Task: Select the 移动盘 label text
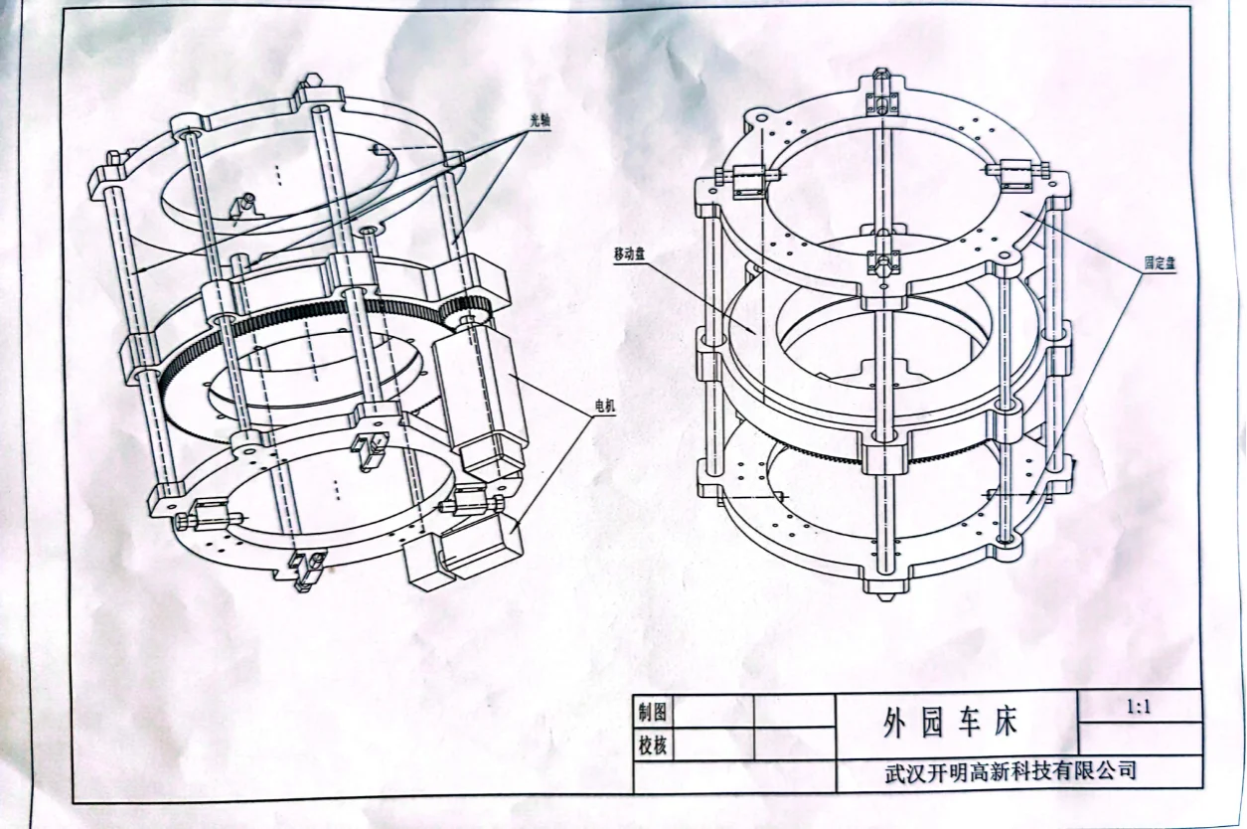point(629,256)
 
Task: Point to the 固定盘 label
point(1160,263)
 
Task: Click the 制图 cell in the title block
point(653,712)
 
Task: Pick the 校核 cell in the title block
point(653,745)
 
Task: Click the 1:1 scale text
point(1140,708)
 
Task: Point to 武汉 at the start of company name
point(903,772)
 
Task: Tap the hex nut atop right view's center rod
point(880,75)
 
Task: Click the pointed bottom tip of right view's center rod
point(881,599)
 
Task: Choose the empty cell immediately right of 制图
point(713,712)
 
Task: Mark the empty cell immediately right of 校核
point(713,745)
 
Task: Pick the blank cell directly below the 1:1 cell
point(1139,740)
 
